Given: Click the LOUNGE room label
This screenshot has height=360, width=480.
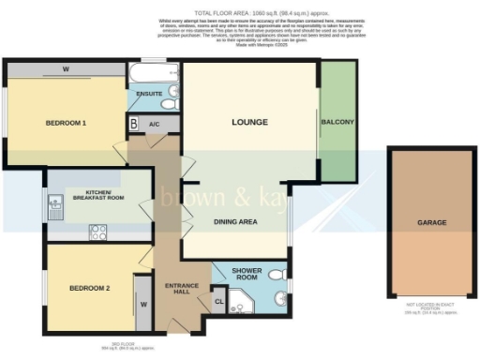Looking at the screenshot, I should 249,123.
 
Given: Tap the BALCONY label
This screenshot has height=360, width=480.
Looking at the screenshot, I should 337,123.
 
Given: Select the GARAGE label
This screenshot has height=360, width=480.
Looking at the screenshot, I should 432,223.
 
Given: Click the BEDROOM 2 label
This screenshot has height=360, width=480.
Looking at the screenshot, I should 90,289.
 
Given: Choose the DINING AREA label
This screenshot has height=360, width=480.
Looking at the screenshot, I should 235,222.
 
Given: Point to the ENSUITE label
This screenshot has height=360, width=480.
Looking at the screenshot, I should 149,94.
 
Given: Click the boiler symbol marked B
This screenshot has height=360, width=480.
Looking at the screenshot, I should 134,123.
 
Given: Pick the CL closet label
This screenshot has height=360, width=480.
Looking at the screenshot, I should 219,301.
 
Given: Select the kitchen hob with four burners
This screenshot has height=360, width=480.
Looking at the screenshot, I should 97,231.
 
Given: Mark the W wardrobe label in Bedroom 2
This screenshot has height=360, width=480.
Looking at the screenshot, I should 143,304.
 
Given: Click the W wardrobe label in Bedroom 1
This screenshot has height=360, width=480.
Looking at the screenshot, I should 67,69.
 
